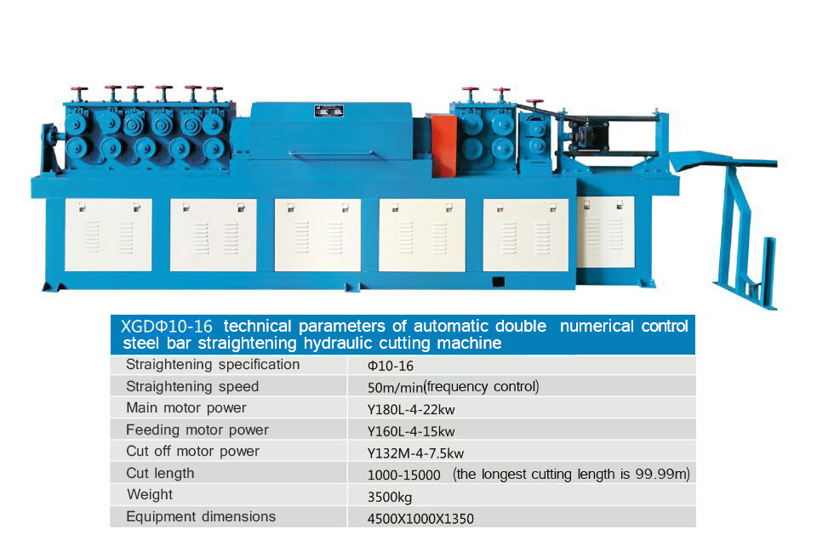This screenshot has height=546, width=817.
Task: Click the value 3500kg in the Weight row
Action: tap(390, 497)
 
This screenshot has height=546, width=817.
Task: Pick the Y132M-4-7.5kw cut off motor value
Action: tap(415, 452)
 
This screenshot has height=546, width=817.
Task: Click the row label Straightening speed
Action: tap(192, 386)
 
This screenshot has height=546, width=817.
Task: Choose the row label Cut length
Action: tap(160, 473)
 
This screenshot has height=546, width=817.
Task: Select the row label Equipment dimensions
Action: tap(201, 516)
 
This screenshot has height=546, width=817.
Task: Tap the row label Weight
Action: tap(150, 494)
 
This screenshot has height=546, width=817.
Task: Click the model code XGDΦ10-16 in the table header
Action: tap(166, 326)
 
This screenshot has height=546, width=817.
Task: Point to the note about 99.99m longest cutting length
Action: tap(571, 474)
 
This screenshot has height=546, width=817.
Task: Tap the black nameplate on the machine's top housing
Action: tap(329, 111)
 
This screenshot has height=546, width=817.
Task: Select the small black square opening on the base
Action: tap(498, 282)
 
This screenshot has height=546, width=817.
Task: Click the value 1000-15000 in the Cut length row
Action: tap(403, 475)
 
